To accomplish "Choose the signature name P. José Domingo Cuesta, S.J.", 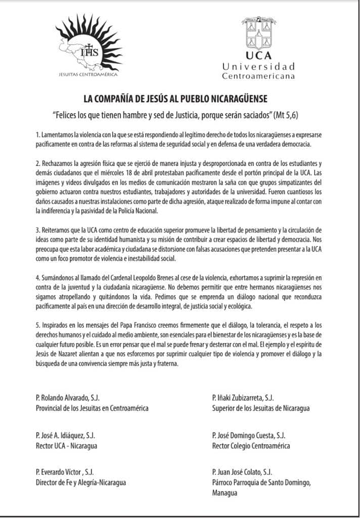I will click(249, 435).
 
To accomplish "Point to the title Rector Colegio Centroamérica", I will click(251, 446).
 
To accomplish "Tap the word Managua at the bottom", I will click(225, 493).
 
